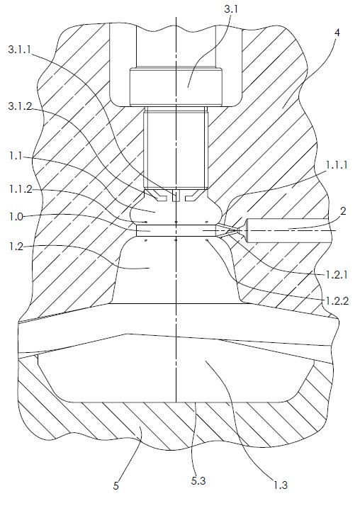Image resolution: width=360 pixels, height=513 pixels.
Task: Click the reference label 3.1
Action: [230, 9]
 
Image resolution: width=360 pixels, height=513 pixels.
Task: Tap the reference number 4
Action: [337, 33]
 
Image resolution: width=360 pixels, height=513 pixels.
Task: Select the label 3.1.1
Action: [20, 50]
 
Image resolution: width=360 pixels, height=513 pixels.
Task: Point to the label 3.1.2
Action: [21, 106]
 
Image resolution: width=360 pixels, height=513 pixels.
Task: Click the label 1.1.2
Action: [21, 188]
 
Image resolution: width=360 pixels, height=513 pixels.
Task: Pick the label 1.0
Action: [16, 217]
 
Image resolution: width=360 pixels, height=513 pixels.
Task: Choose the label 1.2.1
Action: [337, 274]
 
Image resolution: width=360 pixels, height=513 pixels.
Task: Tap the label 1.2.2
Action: [337, 300]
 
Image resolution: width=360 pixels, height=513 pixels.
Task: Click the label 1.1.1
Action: [337, 165]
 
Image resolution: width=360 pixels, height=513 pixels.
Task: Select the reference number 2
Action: [343, 211]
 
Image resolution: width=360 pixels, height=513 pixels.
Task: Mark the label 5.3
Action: [198, 481]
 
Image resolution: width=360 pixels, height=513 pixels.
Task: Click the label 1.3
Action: [281, 485]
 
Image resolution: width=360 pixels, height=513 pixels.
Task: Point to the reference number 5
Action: [116, 486]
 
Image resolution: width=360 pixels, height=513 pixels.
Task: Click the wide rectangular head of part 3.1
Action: [176, 86]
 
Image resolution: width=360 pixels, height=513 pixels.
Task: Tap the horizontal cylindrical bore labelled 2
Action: [288, 231]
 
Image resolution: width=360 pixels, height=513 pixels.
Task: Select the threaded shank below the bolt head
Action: [176, 148]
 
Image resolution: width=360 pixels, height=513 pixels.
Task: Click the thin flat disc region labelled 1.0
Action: [176, 230]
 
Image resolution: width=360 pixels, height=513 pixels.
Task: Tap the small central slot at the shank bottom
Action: [176, 196]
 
